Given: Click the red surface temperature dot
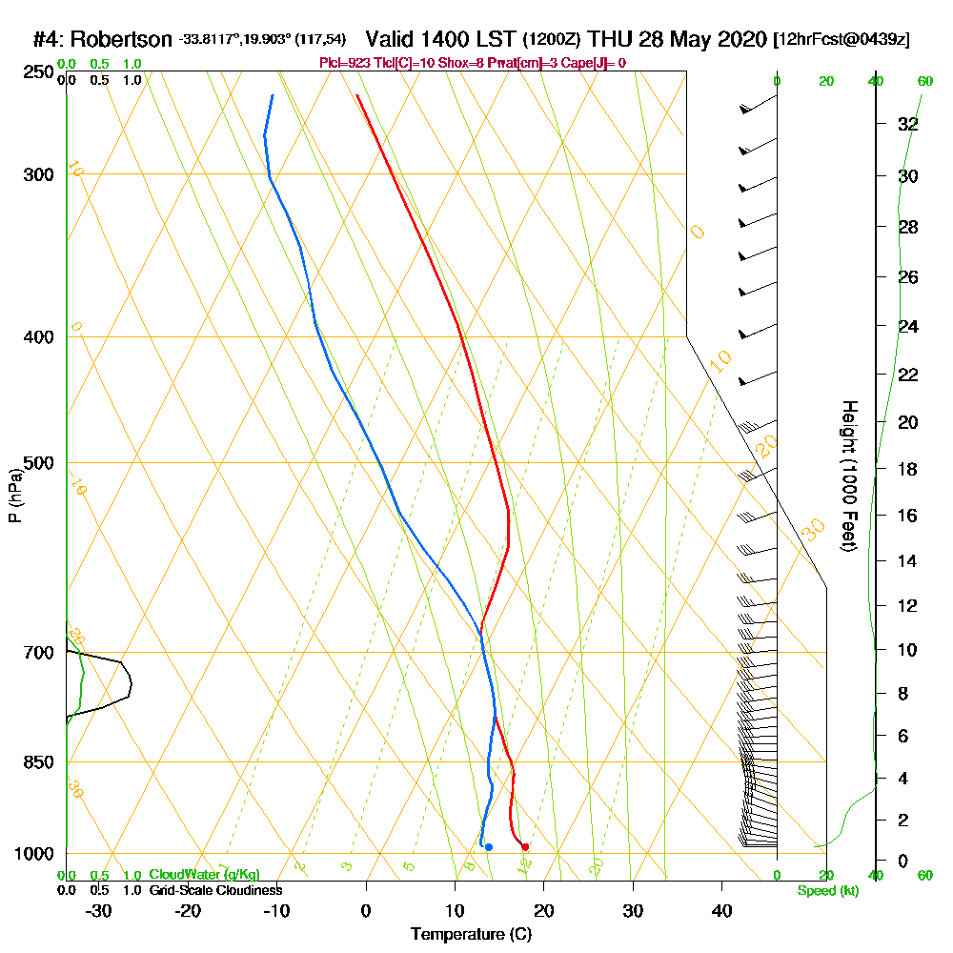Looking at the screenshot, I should [x=525, y=846].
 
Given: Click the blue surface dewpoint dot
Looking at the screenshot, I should [x=489, y=846].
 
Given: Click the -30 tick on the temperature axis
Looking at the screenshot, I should [x=98, y=911].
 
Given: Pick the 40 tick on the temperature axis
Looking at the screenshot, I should [x=722, y=911].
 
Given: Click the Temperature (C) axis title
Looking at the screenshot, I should [x=471, y=935].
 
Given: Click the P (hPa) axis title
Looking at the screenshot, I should [x=14, y=496].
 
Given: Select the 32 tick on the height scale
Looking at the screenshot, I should [x=908, y=124].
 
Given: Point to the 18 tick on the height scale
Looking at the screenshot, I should [x=908, y=469].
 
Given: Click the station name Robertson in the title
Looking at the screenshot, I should [x=123, y=40].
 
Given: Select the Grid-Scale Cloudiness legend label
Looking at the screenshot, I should [x=215, y=890].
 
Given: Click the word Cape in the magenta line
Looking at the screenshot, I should [x=572, y=63].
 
